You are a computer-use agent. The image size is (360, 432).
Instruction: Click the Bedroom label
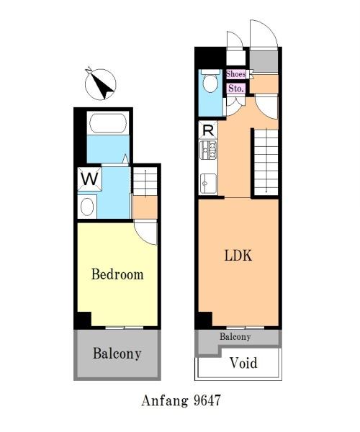pyautogui.click(x=117, y=274)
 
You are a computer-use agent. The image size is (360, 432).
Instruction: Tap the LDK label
pyautogui.click(x=238, y=256)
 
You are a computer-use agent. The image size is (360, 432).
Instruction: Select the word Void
pyautogui.click(x=244, y=363)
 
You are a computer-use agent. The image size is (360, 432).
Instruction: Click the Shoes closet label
pyautogui.click(x=235, y=74)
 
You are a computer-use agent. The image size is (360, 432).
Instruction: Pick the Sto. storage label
pyautogui.click(x=236, y=89)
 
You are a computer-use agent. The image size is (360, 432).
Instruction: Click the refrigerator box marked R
pyautogui.click(x=208, y=130)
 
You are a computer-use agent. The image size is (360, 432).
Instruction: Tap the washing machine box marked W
pyautogui.click(x=90, y=179)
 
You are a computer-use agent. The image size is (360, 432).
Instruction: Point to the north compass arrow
pyautogui.click(x=100, y=84)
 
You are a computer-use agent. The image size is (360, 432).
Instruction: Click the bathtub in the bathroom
pyautogui.click(x=108, y=123)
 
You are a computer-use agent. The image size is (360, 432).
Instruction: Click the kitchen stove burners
pyautogui.click(x=208, y=150)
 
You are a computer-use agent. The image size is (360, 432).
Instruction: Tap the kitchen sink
pyautogui.click(x=208, y=183)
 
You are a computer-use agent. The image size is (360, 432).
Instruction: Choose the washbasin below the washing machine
pyautogui.click(x=87, y=207)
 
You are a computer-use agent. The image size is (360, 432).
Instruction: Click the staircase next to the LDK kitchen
pyautogui.click(x=266, y=162)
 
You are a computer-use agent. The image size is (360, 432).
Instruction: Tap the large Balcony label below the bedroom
pyautogui.click(x=117, y=354)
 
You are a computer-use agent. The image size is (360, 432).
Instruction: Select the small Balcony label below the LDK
pyautogui.click(x=235, y=337)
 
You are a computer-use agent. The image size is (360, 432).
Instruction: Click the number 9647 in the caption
pyautogui.click(x=207, y=400)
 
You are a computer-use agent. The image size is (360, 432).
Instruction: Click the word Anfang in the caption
pyautogui.click(x=166, y=401)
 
